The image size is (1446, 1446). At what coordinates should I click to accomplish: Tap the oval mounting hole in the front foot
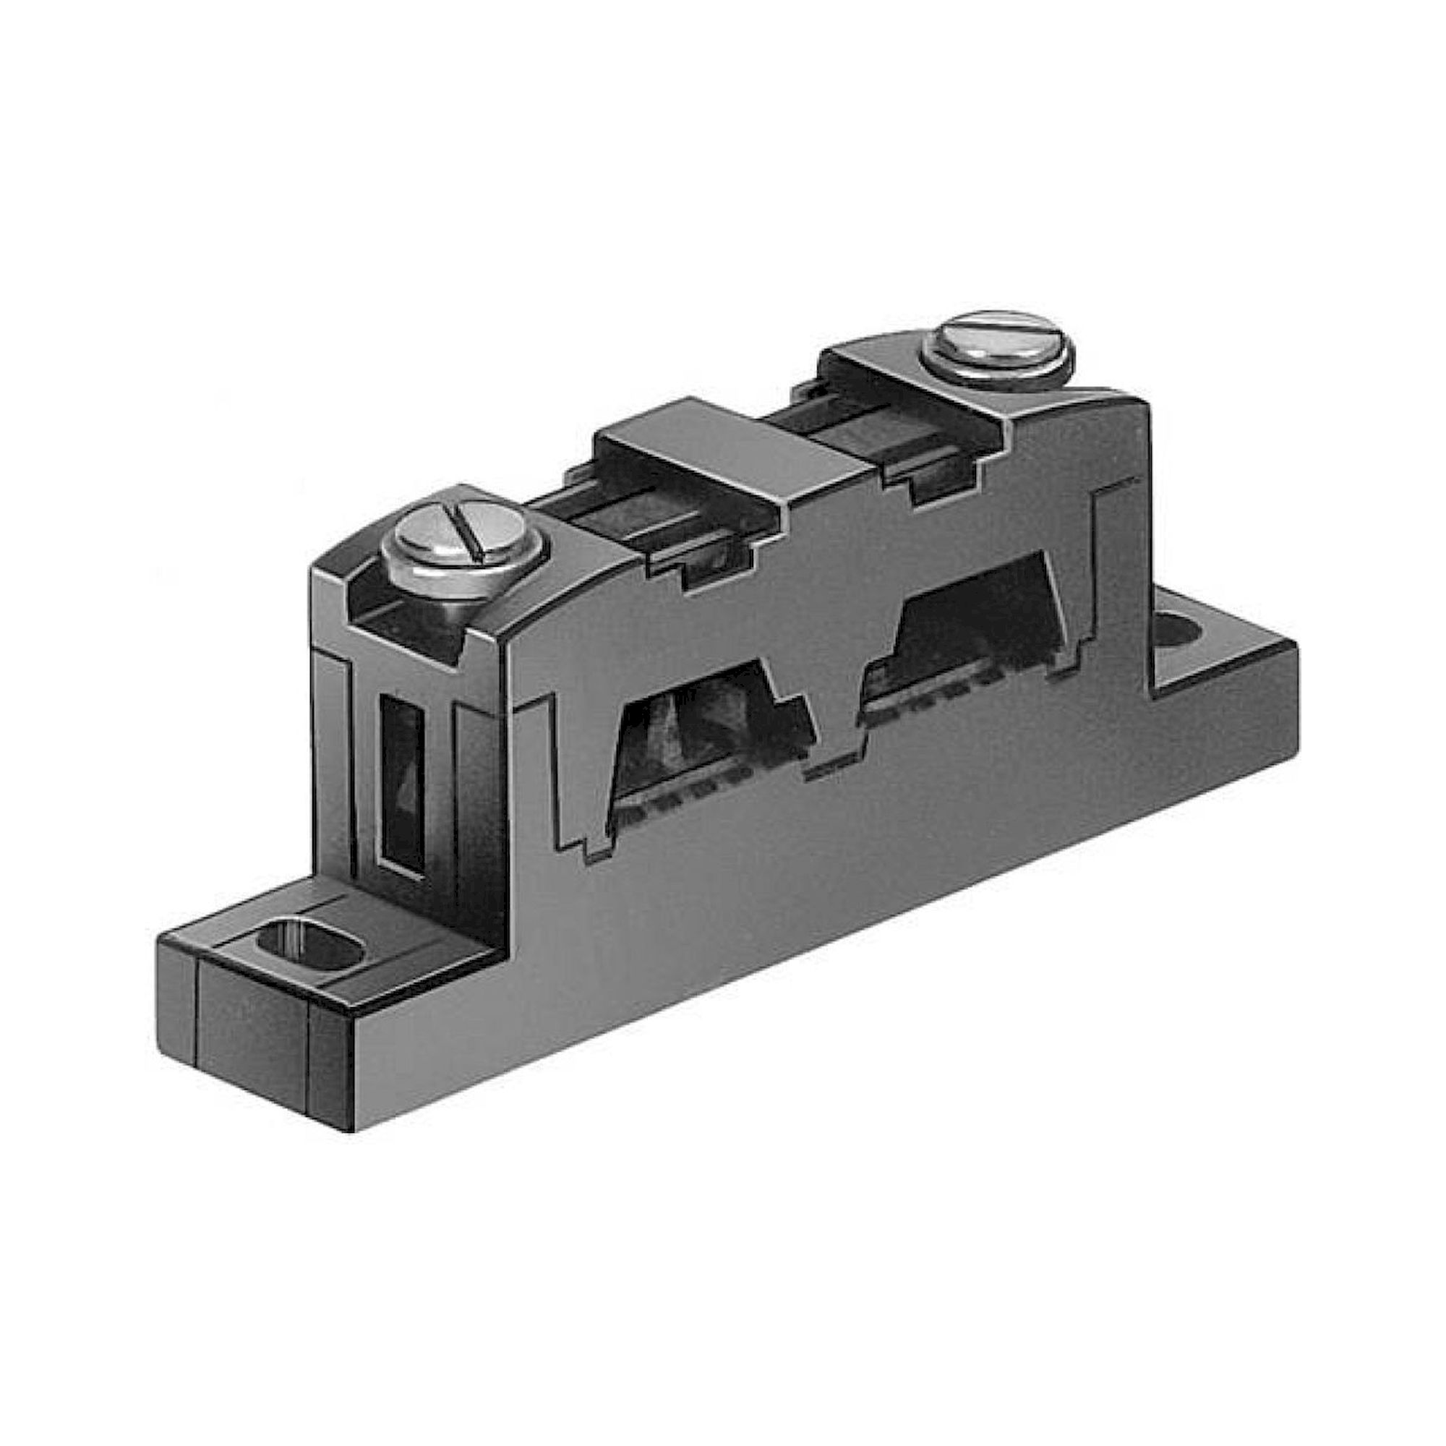click(309, 944)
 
